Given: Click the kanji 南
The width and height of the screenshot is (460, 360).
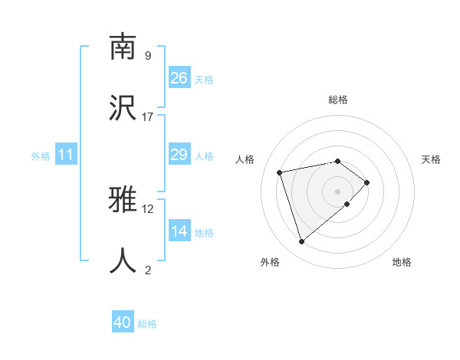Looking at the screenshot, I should [123, 47].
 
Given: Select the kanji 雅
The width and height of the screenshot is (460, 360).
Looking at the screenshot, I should [123, 201].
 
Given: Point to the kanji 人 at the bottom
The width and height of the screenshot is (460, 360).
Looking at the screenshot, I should [123, 260].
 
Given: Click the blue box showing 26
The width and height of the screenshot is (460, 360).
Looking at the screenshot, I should [179, 78].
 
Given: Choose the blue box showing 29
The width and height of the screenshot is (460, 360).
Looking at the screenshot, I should [179, 155].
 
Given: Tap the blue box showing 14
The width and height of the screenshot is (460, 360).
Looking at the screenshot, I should [179, 232].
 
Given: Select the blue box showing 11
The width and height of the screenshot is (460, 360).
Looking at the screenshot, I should [66, 155].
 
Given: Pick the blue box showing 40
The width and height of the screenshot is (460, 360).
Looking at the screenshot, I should [123, 323].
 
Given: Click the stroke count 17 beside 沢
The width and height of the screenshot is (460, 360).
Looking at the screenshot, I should [148, 116].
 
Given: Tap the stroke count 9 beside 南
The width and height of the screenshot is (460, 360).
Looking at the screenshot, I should [148, 56].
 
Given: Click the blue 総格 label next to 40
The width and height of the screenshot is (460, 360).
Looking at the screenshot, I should [148, 324].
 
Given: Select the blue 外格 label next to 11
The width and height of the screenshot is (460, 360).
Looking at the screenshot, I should [41, 156].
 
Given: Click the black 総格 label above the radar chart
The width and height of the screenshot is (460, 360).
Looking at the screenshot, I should [338, 100].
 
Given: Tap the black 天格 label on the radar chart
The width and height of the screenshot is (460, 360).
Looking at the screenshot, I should [432, 159].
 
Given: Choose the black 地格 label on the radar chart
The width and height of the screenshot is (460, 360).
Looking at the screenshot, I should [402, 262].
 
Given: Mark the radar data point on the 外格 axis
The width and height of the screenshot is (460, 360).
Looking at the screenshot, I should [302, 242].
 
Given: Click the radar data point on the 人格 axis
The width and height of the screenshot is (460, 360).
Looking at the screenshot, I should [280, 172].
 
